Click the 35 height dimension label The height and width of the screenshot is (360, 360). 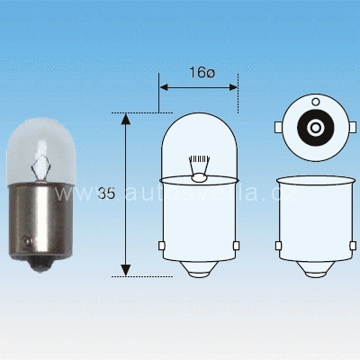[105, 193]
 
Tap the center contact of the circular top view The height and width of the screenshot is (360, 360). [315, 129]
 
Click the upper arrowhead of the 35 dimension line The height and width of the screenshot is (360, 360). [126, 119]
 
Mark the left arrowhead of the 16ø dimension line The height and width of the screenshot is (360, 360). [164, 87]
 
